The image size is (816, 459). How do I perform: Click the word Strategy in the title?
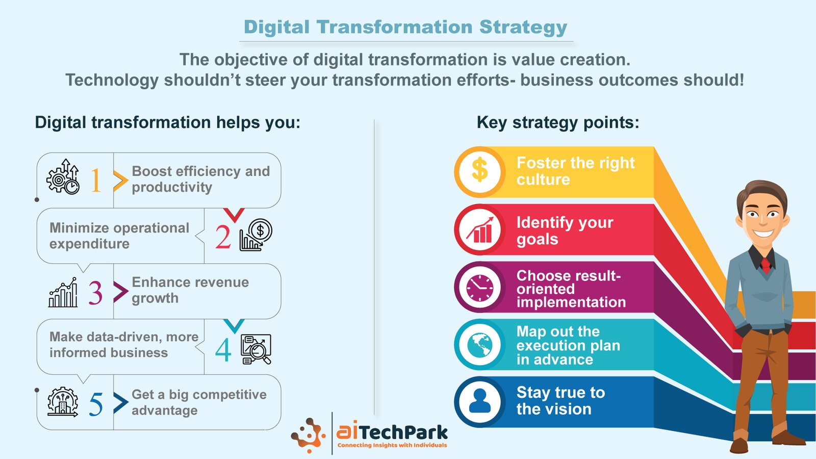tap(523, 28)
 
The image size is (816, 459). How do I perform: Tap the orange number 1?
tap(95, 180)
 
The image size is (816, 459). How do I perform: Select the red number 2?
tap(223, 237)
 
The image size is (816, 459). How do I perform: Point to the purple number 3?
tap(95, 293)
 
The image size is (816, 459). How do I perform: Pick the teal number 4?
tap(223, 350)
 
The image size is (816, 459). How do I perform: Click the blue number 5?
tap(96, 404)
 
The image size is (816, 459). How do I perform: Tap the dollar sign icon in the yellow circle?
tap(480, 170)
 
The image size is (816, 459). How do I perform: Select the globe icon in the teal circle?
tap(480, 345)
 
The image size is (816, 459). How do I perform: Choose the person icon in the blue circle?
tap(480, 401)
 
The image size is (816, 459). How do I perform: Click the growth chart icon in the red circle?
tap(480, 230)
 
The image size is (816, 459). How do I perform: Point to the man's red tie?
tap(766, 266)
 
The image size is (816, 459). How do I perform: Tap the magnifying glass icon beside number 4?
tap(256, 349)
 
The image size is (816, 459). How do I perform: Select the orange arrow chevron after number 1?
tap(120, 181)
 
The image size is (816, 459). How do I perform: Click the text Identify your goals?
tap(565, 231)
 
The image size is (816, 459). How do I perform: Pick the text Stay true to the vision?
tap(560, 401)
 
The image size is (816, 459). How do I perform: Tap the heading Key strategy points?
tap(558, 122)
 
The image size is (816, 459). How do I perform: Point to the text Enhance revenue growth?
tap(190, 290)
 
